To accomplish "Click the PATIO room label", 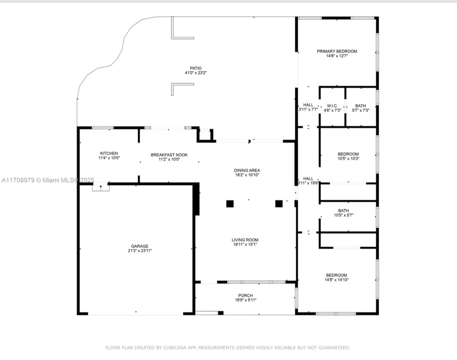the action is pos(195,68).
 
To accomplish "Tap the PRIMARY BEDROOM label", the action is pos(337,51).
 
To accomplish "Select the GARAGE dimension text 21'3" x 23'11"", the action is pos(140,251).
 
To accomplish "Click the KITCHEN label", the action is pos(109,153).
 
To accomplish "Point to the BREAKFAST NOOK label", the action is pos(169,155).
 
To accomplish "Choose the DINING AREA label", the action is pos(247,170).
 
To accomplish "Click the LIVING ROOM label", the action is pos(245,240).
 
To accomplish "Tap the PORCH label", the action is pos(245,295).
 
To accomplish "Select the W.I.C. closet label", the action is pos(332,106).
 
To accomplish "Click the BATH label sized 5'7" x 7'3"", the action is pos(361,106).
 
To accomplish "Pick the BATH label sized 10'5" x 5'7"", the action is pos(343,211).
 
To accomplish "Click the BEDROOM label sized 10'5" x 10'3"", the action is pos(348,154).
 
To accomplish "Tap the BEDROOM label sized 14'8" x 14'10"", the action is pos(337,275).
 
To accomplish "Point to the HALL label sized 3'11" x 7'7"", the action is pos(308,105).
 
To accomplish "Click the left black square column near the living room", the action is pos(230,204).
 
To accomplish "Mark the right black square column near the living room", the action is pos(279,204).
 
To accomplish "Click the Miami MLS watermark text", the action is pos(48,180).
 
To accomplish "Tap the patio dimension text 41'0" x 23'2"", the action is pos(195,73).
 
